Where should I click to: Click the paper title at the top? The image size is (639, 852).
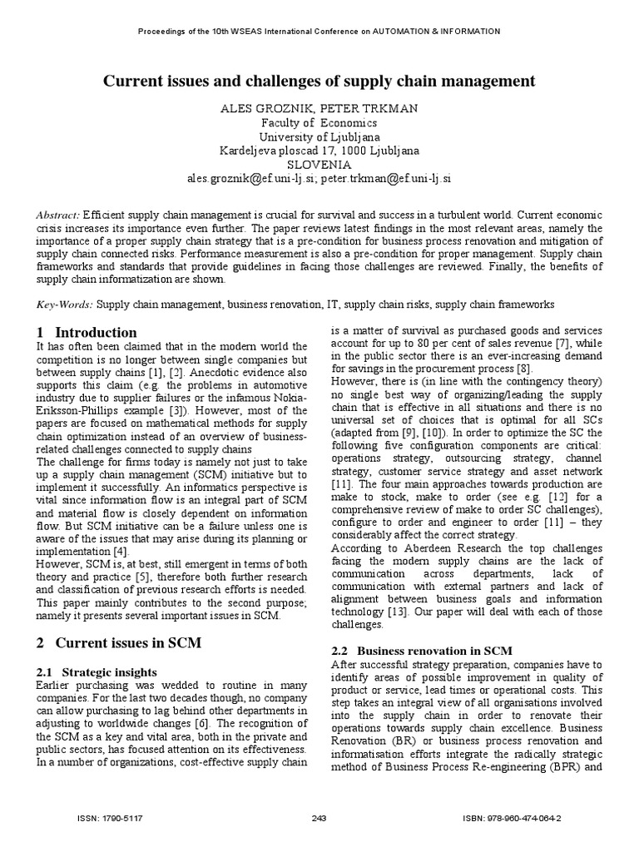(x=319, y=81)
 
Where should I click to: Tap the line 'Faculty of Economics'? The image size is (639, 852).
(x=319, y=122)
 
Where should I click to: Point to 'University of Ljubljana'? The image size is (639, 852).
(x=319, y=136)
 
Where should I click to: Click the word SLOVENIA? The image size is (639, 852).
(x=319, y=165)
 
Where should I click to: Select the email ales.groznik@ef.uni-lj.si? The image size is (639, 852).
(x=252, y=179)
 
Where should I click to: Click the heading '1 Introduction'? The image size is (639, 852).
(x=87, y=333)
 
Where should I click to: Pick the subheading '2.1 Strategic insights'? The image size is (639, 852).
(x=97, y=671)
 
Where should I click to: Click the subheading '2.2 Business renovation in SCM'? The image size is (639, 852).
(x=422, y=650)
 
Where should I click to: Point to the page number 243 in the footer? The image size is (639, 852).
(x=319, y=819)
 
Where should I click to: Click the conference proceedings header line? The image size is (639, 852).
(x=319, y=32)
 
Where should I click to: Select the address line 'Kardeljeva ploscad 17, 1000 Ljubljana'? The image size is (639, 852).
(x=319, y=151)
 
